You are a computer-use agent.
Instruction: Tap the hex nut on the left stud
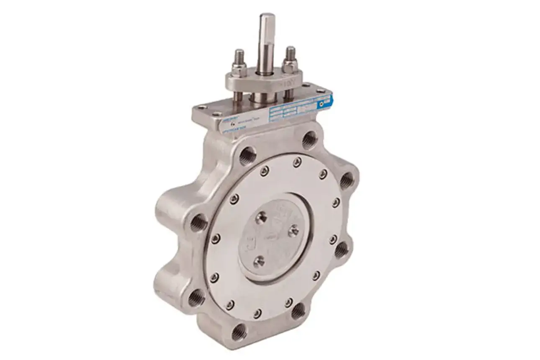(x=239, y=69)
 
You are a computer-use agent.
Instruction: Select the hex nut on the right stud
(x=290, y=65)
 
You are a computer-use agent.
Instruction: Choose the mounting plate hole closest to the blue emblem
(x=319, y=90)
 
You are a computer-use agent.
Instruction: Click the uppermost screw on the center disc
(x=262, y=216)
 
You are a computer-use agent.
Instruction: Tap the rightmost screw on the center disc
(x=294, y=230)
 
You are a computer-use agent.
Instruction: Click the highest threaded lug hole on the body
(x=310, y=139)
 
